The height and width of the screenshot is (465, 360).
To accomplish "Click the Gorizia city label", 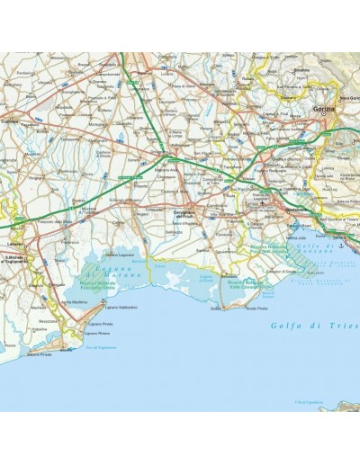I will (324, 109).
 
